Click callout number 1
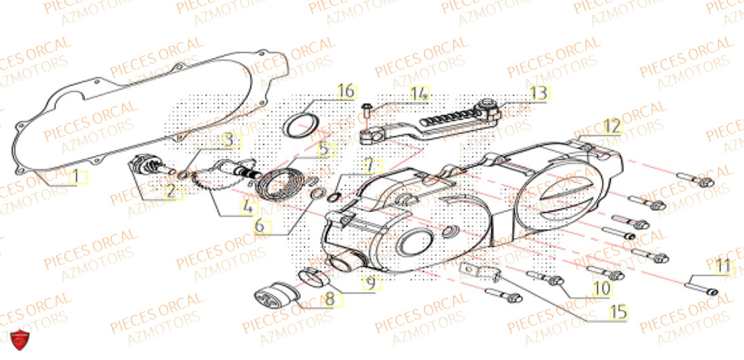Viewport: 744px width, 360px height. pyautogui.click(x=74, y=178)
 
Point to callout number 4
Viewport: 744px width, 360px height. pyautogui.click(x=245, y=209)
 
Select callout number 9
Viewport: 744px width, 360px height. pyautogui.click(x=370, y=283)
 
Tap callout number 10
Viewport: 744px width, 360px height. pyautogui.click(x=602, y=286)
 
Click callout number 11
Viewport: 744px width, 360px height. pyautogui.click(x=723, y=266)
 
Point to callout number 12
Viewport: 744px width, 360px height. pyautogui.click(x=611, y=126)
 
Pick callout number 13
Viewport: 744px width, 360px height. pyautogui.click(x=538, y=93)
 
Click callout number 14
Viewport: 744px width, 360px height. pyautogui.click(x=420, y=94)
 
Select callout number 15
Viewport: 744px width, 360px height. pyautogui.click(x=617, y=313)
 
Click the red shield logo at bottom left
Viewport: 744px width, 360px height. pyautogui.click(x=22, y=341)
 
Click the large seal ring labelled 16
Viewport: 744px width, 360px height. pyautogui.click(x=299, y=125)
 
